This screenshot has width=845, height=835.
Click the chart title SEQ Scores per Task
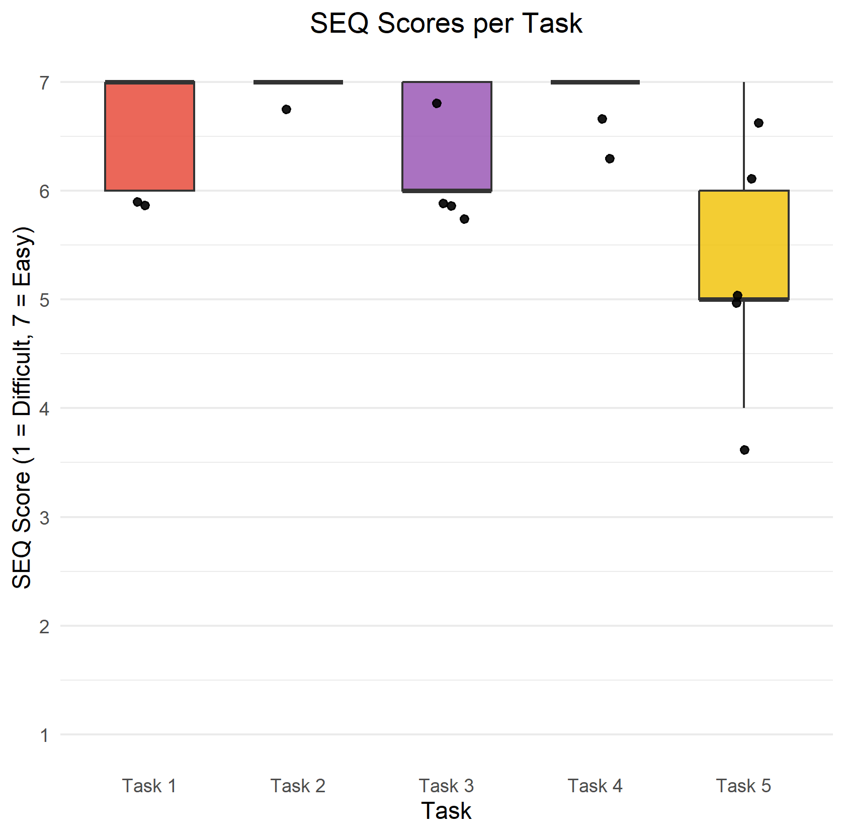click(x=446, y=24)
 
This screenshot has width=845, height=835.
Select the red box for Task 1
click(x=149, y=136)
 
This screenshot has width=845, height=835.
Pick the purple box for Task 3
click(x=447, y=146)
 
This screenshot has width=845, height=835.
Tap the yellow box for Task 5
click(x=743, y=245)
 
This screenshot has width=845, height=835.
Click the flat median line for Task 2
click(x=298, y=82)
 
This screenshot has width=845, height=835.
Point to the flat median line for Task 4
click(x=595, y=82)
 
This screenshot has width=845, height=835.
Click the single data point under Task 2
click(x=286, y=109)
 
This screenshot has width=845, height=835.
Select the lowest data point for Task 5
click(x=744, y=450)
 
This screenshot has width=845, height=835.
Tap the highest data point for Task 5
click(x=758, y=123)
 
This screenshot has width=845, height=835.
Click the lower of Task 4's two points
click(x=610, y=158)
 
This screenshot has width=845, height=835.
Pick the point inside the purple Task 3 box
click(x=437, y=103)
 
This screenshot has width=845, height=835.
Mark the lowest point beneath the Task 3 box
click(x=464, y=219)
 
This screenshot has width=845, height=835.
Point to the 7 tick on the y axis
click(x=45, y=82)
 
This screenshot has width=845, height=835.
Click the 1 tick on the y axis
click(x=45, y=735)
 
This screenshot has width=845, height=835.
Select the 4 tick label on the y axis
click(x=45, y=408)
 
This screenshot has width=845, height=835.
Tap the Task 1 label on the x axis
click(x=149, y=786)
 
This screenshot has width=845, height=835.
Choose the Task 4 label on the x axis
click(x=595, y=786)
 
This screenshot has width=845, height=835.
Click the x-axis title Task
click(x=446, y=811)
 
